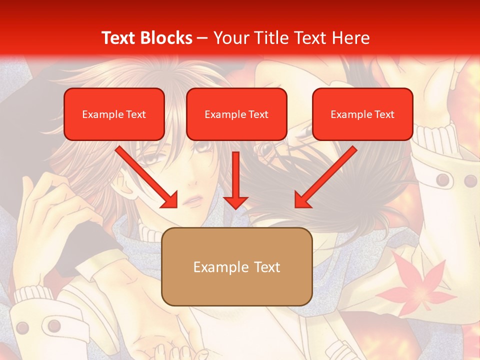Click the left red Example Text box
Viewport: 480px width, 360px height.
(114, 114)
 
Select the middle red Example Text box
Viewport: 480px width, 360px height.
(236, 114)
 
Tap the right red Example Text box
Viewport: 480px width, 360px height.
(362, 114)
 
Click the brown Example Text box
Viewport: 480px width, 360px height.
(236, 266)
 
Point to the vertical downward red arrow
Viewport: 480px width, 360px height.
(235, 180)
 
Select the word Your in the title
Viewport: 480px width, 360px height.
(230, 38)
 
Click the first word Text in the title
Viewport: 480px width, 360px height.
(119, 38)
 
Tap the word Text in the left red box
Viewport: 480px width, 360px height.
(136, 114)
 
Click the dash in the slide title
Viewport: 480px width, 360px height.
(203, 38)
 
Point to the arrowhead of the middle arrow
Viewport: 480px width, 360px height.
(235, 202)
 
